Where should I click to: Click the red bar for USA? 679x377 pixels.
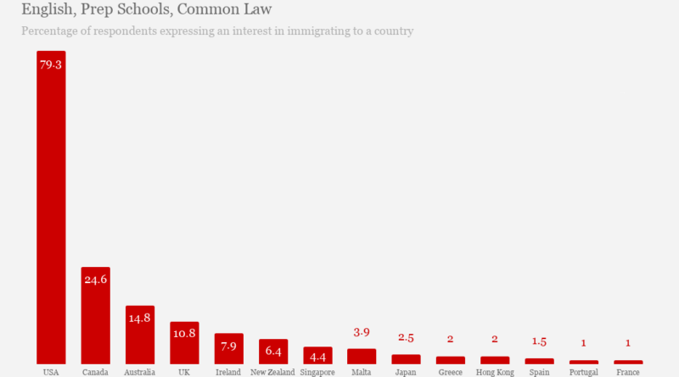click(51, 212)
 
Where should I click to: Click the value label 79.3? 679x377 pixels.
click(51, 65)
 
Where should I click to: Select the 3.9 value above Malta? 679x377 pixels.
click(362, 332)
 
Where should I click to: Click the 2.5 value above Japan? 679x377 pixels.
click(406, 338)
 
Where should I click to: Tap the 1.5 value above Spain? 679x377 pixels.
click(539, 341)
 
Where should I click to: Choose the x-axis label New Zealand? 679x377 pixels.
click(272, 372)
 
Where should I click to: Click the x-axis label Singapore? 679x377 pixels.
click(317, 372)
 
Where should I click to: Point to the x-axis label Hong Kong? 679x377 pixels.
click(495, 372)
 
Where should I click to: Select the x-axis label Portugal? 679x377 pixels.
click(584, 372)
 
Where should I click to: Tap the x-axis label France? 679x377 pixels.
click(628, 372)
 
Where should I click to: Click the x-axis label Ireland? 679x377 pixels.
click(228, 372)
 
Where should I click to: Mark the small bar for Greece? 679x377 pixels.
click(451, 360)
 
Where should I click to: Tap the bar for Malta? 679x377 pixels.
click(362, 357)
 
